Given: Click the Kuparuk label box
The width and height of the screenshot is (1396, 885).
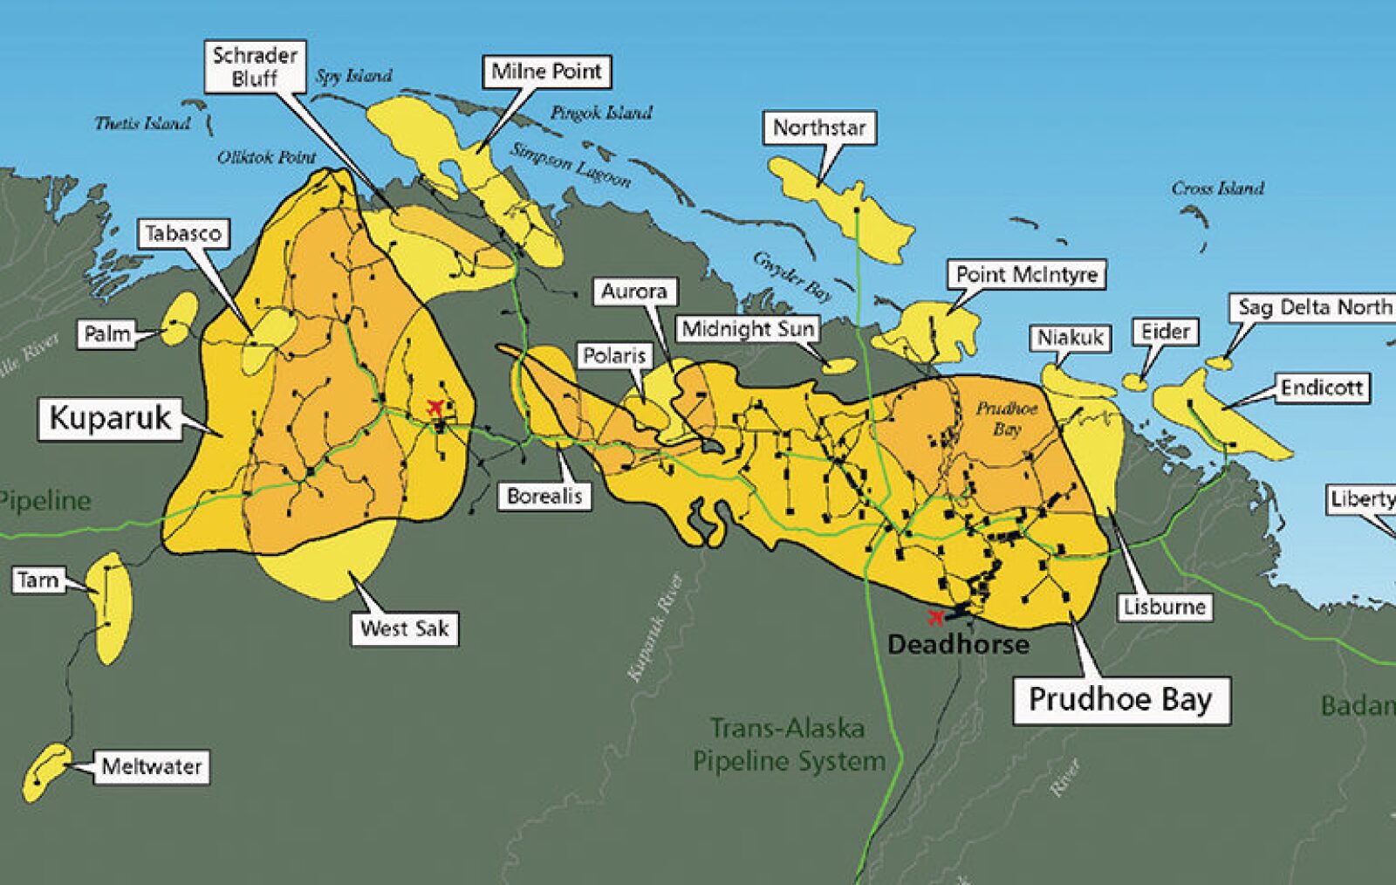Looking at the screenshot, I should pyautogui.click(x=110, y=418).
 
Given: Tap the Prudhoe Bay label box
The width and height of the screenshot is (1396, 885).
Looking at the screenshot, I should pyautogui.click(x=1120, y=700).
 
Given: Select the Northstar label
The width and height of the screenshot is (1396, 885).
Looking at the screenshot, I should pyautogui.click(x=819, y=128).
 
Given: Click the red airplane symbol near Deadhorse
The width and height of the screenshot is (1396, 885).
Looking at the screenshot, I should pyautogui.click(x=936, y=618).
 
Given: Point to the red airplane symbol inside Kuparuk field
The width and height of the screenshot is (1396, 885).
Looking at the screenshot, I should pyautogui.click(x=435, y=406).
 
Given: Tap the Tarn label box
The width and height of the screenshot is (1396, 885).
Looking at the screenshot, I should pyautogui.click(x=38, y=580).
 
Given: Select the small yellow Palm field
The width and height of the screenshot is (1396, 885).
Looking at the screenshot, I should pyautogui.click(x=181, y=319).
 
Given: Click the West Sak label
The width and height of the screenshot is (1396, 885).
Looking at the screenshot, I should pyautogui.click(x=404, y=628).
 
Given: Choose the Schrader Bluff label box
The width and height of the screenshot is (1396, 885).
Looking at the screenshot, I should pyautogui.click(x=256, y=66).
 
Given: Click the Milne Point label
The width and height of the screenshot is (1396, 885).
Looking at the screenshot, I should pyautogui.click(x=546, y=72).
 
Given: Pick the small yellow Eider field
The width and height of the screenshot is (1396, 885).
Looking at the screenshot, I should pyautogui.click(x=1134, y=381).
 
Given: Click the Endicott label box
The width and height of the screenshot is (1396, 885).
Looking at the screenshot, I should pyautogui.click(x=1321, y=388).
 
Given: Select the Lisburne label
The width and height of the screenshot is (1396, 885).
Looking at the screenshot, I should pyautogui.click(x=1164, y=607).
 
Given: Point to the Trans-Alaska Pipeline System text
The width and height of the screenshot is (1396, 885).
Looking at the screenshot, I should pyautogui.click(x=788, y=744).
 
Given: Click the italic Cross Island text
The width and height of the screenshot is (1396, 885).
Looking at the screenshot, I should pyautogui.click(x=1217, y=188).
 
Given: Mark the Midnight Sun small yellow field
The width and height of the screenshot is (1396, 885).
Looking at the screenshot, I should pyautogui.click(x=840, y=366).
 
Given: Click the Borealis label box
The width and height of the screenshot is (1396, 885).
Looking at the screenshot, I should pyautogui.click(x=544, y=496).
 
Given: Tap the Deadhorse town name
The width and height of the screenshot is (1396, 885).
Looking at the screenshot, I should pyautogui.click(x=958, y=645).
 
